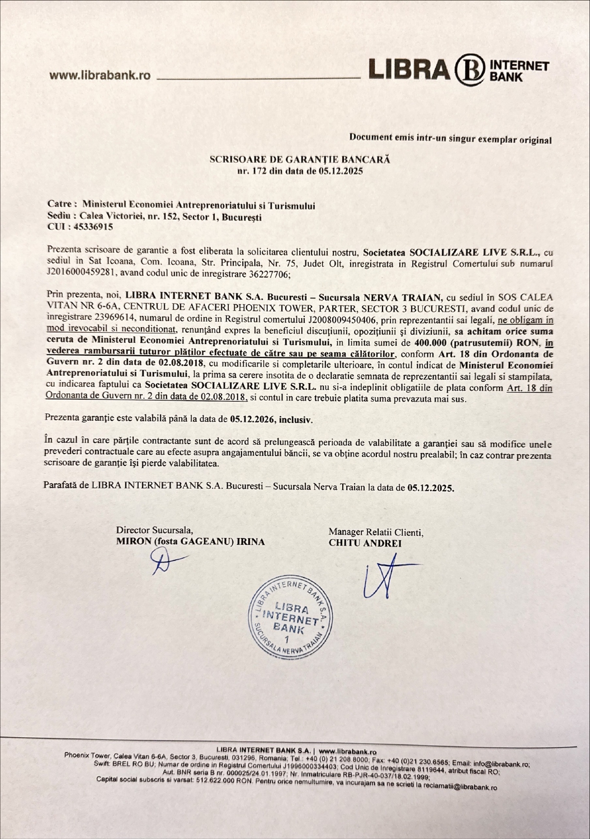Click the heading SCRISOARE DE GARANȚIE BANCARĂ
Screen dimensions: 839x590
point(300,159)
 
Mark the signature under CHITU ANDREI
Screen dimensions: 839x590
point(385,576)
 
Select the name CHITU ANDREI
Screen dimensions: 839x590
point(365,543)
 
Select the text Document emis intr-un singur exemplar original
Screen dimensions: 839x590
point(450,139)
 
